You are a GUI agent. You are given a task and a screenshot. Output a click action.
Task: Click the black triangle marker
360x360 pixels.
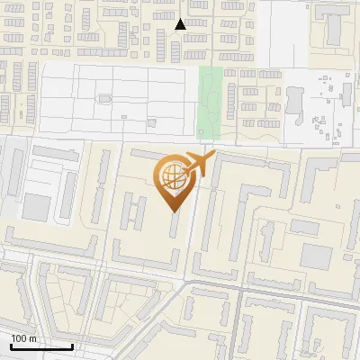tap(181, 25)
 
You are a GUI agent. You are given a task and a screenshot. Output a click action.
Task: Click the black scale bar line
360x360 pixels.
tap(41, 346)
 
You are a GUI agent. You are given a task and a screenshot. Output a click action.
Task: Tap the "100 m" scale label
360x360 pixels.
tap(24, 338)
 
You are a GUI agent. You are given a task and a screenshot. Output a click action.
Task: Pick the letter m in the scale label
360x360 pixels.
tap(32, 338)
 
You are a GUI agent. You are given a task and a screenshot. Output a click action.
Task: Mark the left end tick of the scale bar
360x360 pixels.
tap(11, 345)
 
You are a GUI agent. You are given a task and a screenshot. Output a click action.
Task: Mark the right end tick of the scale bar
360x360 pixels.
tap(73, 345)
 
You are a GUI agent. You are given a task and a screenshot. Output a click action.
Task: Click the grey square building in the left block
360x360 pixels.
tap(36, 208)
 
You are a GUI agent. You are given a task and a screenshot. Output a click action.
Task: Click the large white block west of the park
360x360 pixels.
tap(117, 103)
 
